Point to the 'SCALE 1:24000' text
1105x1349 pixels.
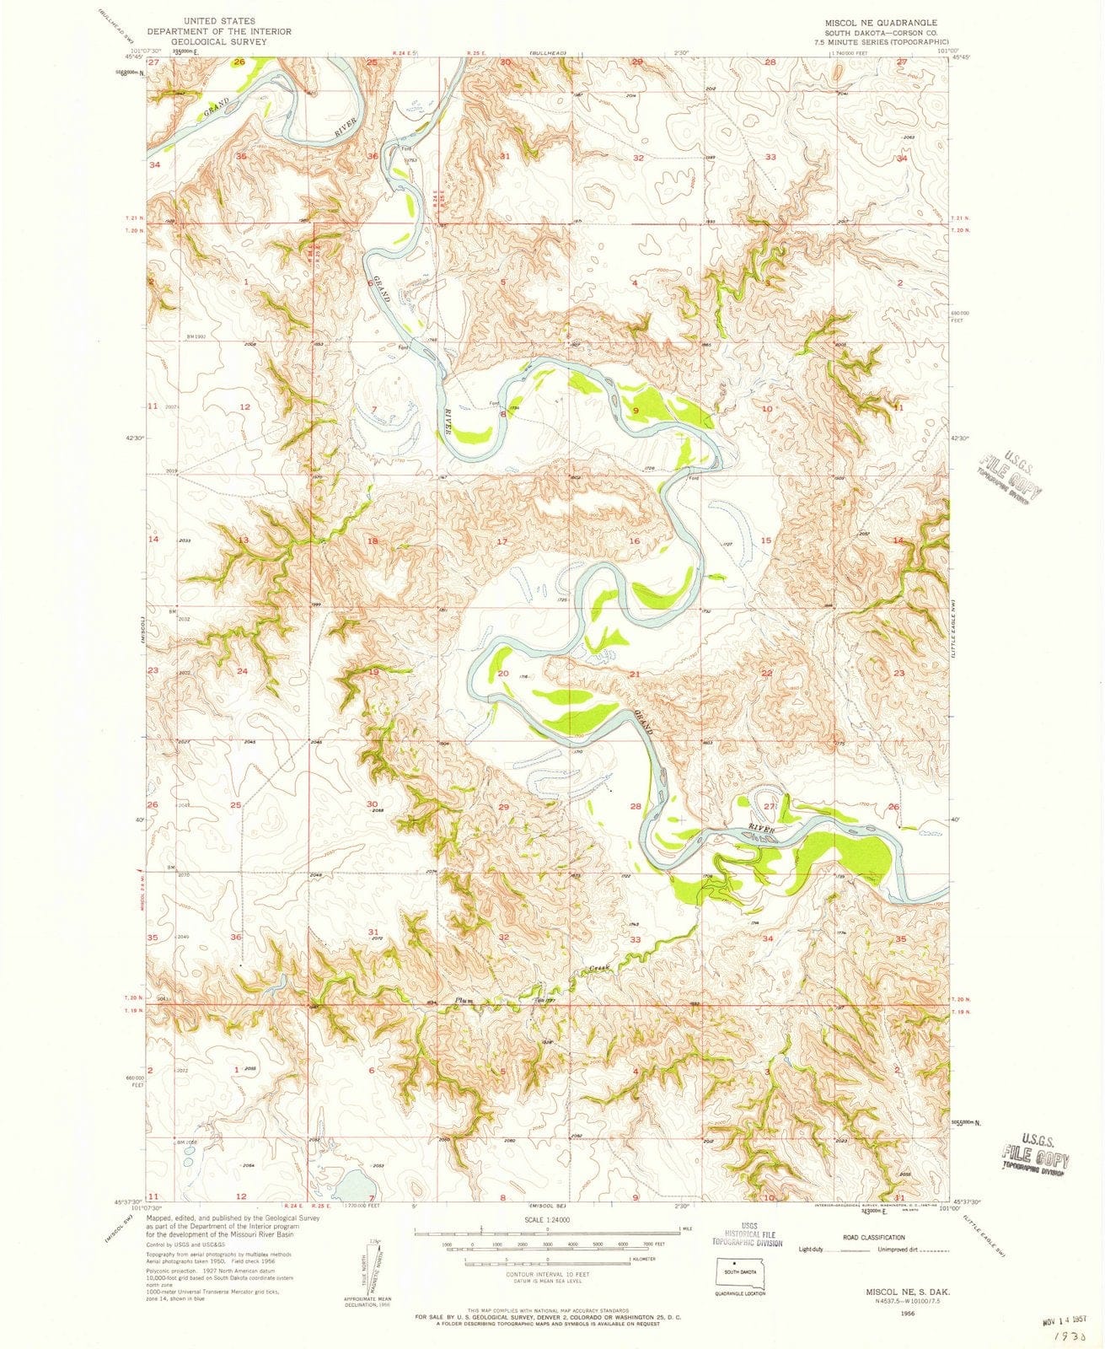click(548, 1220)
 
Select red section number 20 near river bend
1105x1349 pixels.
click(503, 673)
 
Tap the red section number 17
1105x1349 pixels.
click(502, 540)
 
